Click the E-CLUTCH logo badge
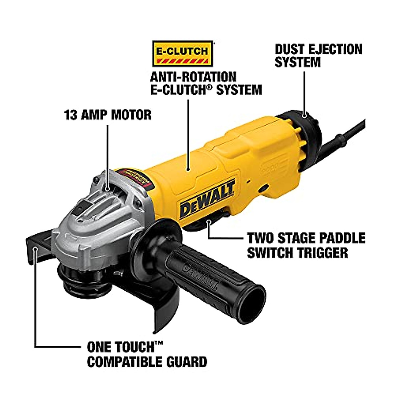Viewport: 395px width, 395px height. [182, 54]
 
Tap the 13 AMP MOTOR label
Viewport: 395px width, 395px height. [108, 115]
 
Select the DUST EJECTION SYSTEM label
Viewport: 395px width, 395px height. [318, 56]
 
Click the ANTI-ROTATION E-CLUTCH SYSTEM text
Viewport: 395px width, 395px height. [206, 83]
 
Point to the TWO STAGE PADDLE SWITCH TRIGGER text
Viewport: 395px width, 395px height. [306, 245]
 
